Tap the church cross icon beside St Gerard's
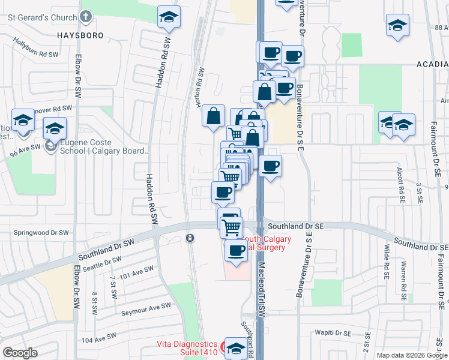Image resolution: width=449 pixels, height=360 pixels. click(86, 17)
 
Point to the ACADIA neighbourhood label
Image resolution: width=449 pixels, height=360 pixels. click(433, 64)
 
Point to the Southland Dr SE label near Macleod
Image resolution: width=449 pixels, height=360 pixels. click(296, 226)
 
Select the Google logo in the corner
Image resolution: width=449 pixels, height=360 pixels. click(20, 353)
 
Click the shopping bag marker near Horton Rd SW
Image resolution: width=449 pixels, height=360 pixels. click(214, 116)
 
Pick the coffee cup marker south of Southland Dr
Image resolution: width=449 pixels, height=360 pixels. click(237, 250)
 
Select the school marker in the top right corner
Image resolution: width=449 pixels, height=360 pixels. click(396, 26)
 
